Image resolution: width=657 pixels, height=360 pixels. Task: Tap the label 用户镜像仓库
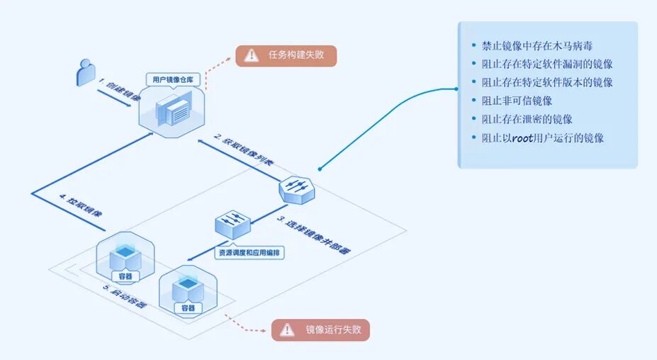(x=171, y=79)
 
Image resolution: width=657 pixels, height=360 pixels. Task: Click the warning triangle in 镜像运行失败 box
(x=286, y=330)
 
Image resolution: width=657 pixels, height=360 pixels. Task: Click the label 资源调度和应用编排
(x=247, y=252)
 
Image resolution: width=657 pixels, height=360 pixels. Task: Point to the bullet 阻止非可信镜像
(x=517, y=101)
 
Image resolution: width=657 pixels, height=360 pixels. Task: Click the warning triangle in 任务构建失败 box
(x=251, y=55)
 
